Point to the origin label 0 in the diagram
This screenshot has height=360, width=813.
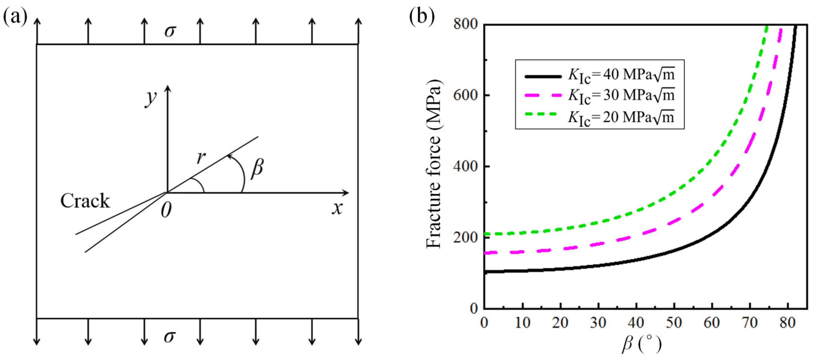point(166,210)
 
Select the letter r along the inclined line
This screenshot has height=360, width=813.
point(201,157)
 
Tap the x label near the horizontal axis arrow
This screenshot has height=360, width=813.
point(337,208)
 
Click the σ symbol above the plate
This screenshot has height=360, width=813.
point(170,31)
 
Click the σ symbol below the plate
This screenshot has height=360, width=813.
point(170,337)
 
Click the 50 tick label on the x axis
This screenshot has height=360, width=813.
point(674,322)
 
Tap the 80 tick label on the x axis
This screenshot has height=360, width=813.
point(788,322)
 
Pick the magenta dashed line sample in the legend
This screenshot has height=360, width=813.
point(543,96)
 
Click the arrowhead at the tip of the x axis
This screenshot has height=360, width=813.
point(346,193)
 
